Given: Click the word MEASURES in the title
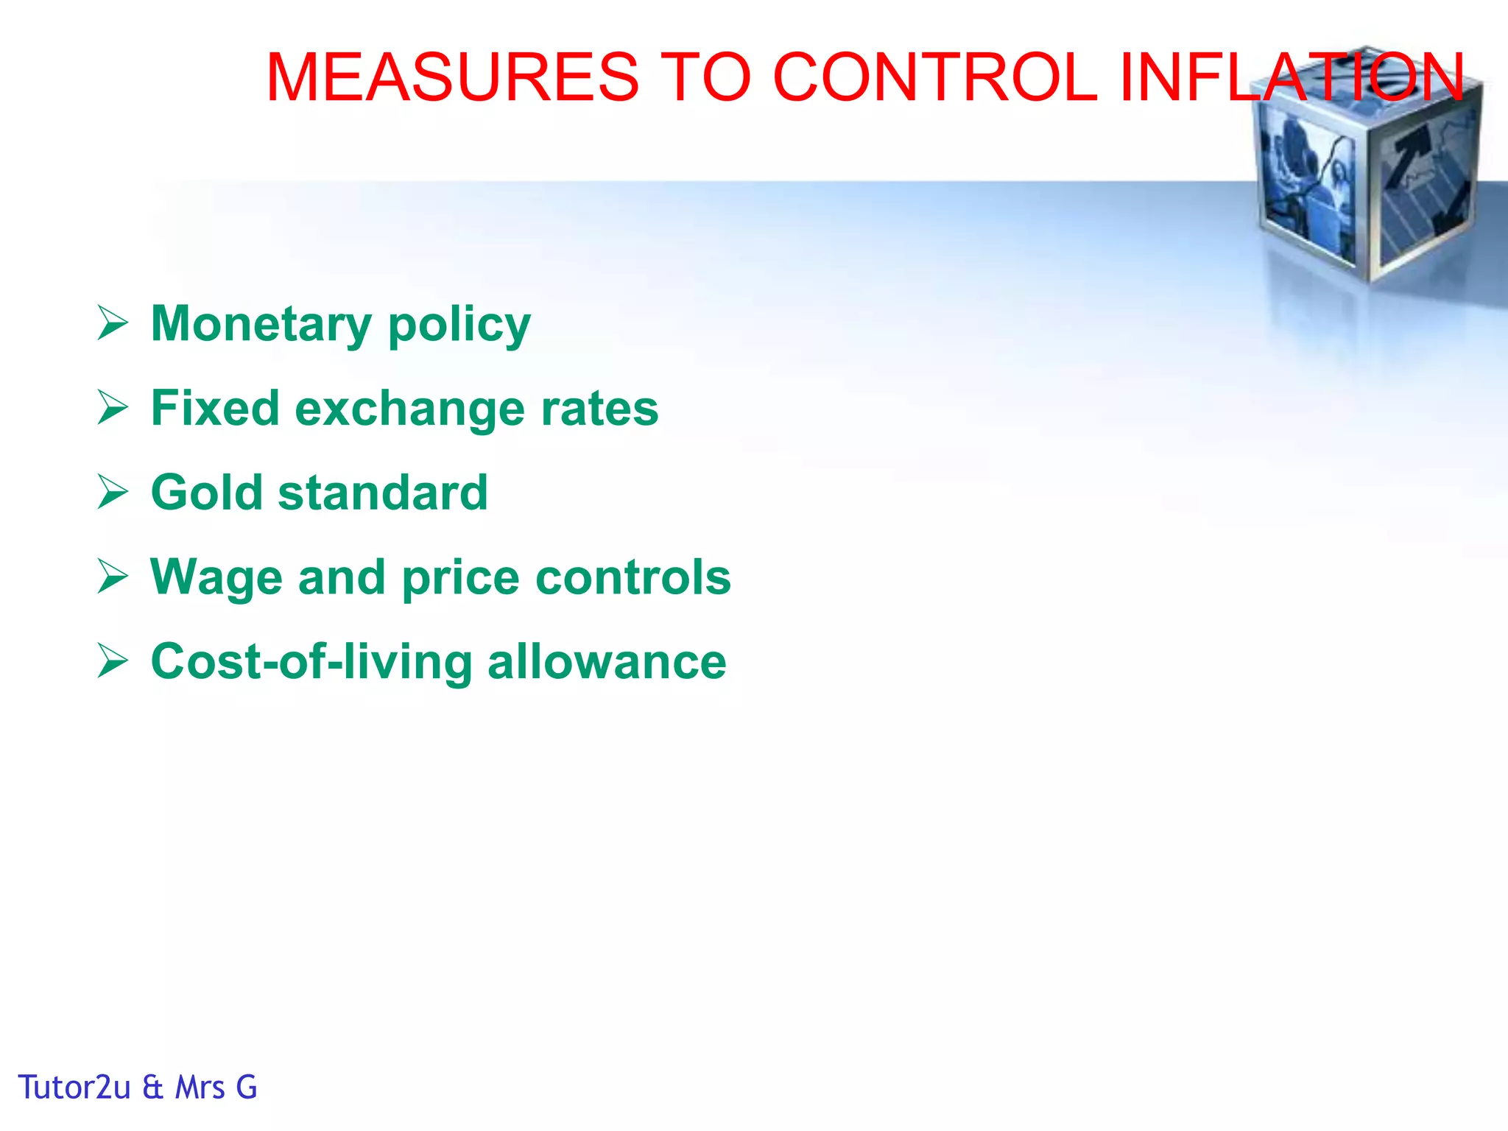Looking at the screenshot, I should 452,77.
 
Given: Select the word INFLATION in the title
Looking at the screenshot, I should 1291,77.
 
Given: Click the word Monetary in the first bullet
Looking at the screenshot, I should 261,324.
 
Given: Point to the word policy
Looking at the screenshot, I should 459,325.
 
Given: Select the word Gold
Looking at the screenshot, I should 206,493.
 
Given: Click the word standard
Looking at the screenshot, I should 383,493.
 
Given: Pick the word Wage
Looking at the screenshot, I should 216,578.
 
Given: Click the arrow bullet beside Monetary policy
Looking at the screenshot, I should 113,324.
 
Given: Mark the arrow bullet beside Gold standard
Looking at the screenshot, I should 113,493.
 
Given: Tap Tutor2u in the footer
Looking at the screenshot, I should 74,1088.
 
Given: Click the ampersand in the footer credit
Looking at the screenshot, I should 153,1088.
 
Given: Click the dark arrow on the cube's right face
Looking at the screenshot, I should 1410,158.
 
